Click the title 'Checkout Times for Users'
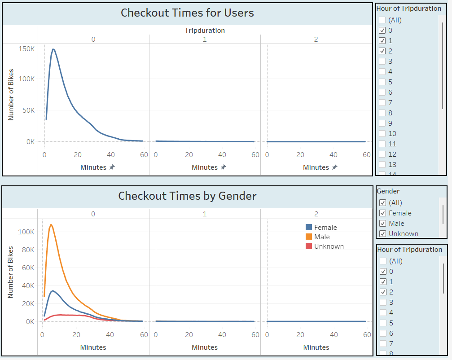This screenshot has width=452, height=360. coord(187,13)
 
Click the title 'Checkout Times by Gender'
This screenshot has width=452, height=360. coord(187,196)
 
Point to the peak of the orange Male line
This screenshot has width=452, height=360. coord(51,224)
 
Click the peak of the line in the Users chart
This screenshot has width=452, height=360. coord(53,49)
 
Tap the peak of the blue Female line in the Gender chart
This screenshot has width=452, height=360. coord(53,291)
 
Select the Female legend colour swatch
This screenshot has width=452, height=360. coord(309,228)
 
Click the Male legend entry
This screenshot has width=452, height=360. coord(322,237)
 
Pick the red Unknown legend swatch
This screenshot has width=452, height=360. coord(309,246)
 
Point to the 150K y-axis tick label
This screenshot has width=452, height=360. coord(26,48)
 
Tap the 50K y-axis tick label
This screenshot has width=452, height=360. coord(28,110)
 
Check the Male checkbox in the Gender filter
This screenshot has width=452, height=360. coord(382,224)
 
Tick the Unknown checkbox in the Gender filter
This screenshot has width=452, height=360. coord(382,234)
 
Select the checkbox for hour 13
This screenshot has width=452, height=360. coord(382,165)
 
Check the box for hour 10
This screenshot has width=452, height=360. coord(382,134)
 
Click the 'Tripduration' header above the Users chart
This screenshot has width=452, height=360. coord(205,31)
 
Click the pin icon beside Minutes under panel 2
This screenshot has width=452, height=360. coord(334,167)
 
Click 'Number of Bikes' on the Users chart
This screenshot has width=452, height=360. coord(11,94)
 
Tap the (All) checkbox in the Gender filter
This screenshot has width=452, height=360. coord(382,203)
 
